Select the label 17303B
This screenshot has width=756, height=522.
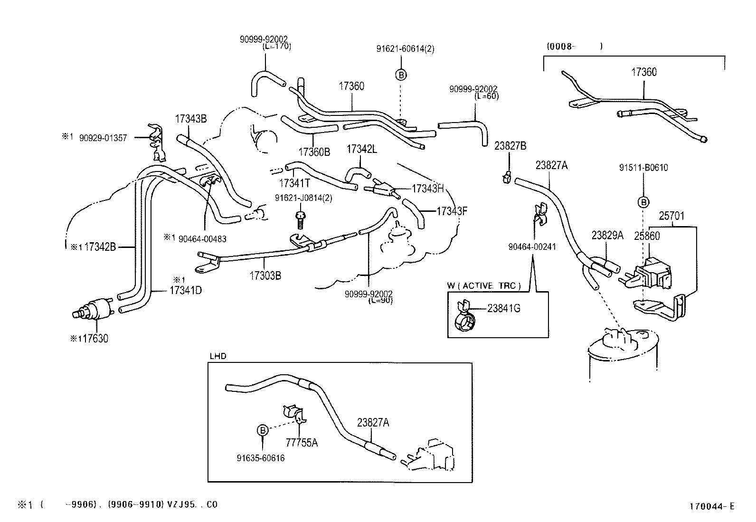(265, 275)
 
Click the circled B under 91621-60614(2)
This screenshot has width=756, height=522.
(401, 75)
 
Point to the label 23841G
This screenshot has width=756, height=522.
(504, 308)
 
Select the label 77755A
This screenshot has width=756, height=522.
(302, 443)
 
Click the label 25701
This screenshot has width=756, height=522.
(671, 216)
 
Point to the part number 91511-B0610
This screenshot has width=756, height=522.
(643, 168)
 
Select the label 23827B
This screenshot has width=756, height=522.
(510, 146)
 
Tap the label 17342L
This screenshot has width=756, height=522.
(361, 149)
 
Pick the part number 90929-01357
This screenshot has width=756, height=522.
(103, 138)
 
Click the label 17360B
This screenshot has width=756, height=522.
(314, 152)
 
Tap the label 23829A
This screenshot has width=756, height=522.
(607, 235)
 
